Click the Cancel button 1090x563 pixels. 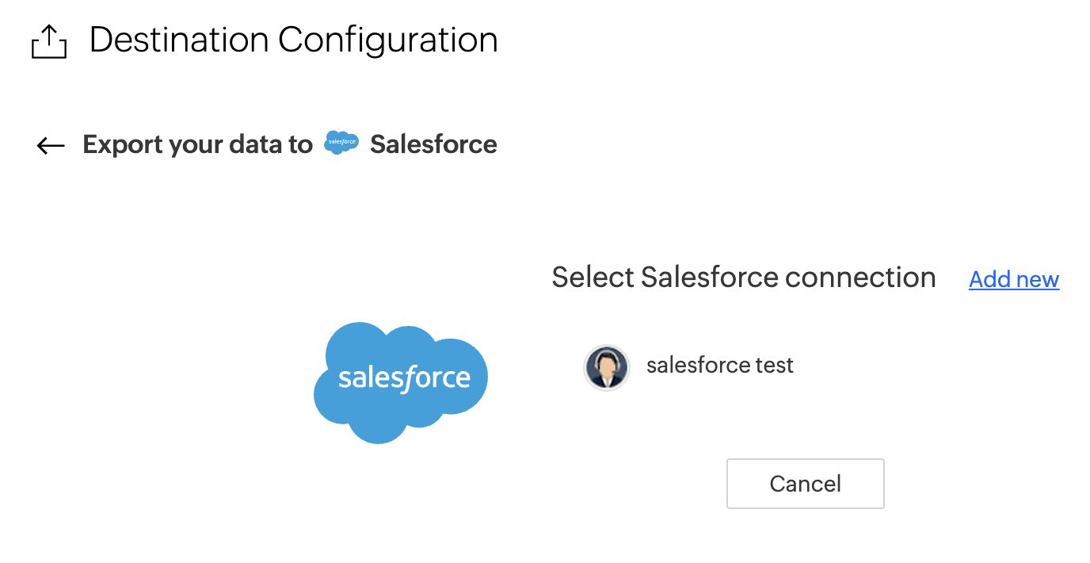point(805,484)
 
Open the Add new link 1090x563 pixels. point(1013,279)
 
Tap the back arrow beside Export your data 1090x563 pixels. point(51,145)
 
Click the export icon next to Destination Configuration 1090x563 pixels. point(48,41)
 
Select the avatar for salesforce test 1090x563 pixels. point(607,368)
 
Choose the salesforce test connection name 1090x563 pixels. point(719,365)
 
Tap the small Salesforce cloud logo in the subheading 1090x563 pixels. point(341,143)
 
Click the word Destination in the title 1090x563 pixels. point(179,40)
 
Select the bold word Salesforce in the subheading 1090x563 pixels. point(433,144)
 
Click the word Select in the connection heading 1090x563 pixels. point(593,278)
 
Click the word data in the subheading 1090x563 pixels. point(256,144)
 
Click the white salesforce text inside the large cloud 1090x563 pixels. point(404,378)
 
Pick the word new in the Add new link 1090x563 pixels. point(1037,279)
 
